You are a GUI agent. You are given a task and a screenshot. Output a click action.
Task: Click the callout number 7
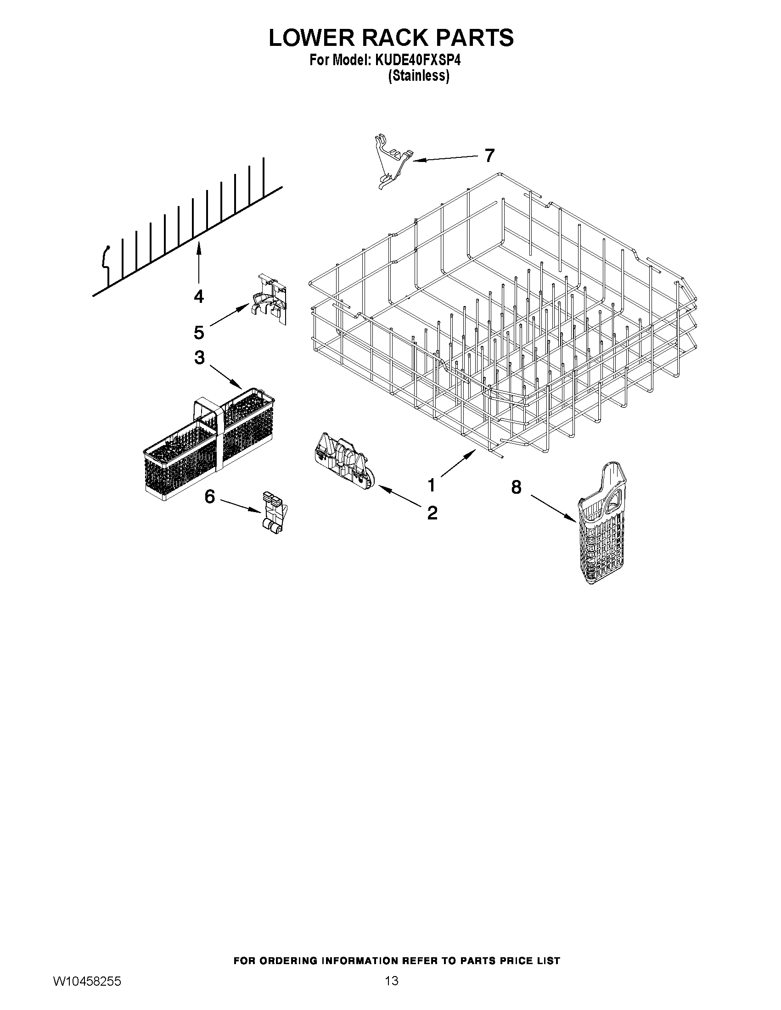point(489,156)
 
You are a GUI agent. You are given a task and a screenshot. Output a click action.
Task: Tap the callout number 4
point(198,296)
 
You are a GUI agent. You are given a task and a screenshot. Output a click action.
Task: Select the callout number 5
point(198,332)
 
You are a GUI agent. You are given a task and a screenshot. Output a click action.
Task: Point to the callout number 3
point(199,357)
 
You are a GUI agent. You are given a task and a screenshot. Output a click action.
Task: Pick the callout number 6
point(209,497)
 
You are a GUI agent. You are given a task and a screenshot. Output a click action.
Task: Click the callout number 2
point(432,513)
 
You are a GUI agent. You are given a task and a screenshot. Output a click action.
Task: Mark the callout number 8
point(516,486)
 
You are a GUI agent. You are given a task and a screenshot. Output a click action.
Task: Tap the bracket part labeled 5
point(270,301)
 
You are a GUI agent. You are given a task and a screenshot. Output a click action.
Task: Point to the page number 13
point(392,991)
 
